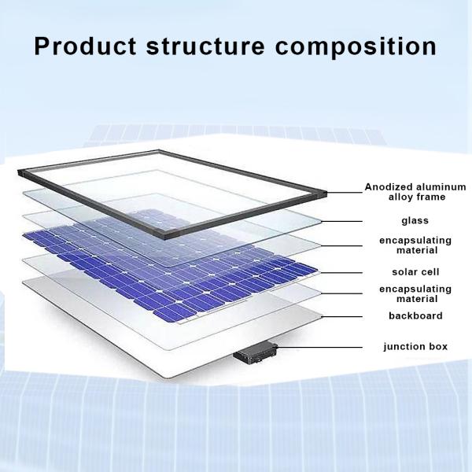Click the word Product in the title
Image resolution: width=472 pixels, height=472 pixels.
point(85,46)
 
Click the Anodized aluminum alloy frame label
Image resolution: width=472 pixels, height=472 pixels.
point(404,192)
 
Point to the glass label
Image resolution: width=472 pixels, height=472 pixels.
point(404,221)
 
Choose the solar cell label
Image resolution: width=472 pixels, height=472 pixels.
point(404,271)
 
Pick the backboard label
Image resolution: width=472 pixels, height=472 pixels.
point(404,316)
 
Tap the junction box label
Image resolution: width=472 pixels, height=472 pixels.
point(404,346)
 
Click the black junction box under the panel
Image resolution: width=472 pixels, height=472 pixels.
point(254,355)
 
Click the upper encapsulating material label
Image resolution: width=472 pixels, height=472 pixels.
point(404,245)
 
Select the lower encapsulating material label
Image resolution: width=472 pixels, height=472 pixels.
point(404,293)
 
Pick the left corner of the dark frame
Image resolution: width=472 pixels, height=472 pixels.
point(24,168)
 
